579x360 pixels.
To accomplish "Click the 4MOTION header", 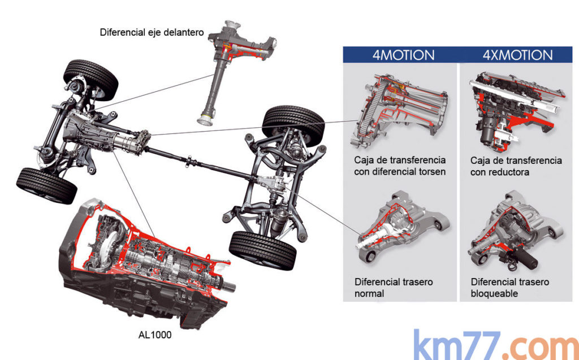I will [403, 55].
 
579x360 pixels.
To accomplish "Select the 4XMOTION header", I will [517, 55].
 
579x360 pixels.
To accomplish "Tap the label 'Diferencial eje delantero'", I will [152, 32].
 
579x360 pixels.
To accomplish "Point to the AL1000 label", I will [155, 335].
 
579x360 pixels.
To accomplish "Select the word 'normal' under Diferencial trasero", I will [369, 293].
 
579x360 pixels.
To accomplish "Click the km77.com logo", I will [495, 344].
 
